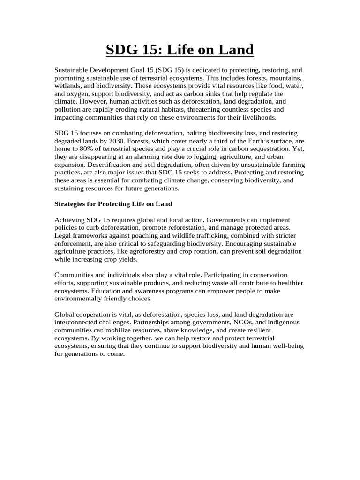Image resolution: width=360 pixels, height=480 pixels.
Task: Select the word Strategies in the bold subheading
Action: coord(70,204)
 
